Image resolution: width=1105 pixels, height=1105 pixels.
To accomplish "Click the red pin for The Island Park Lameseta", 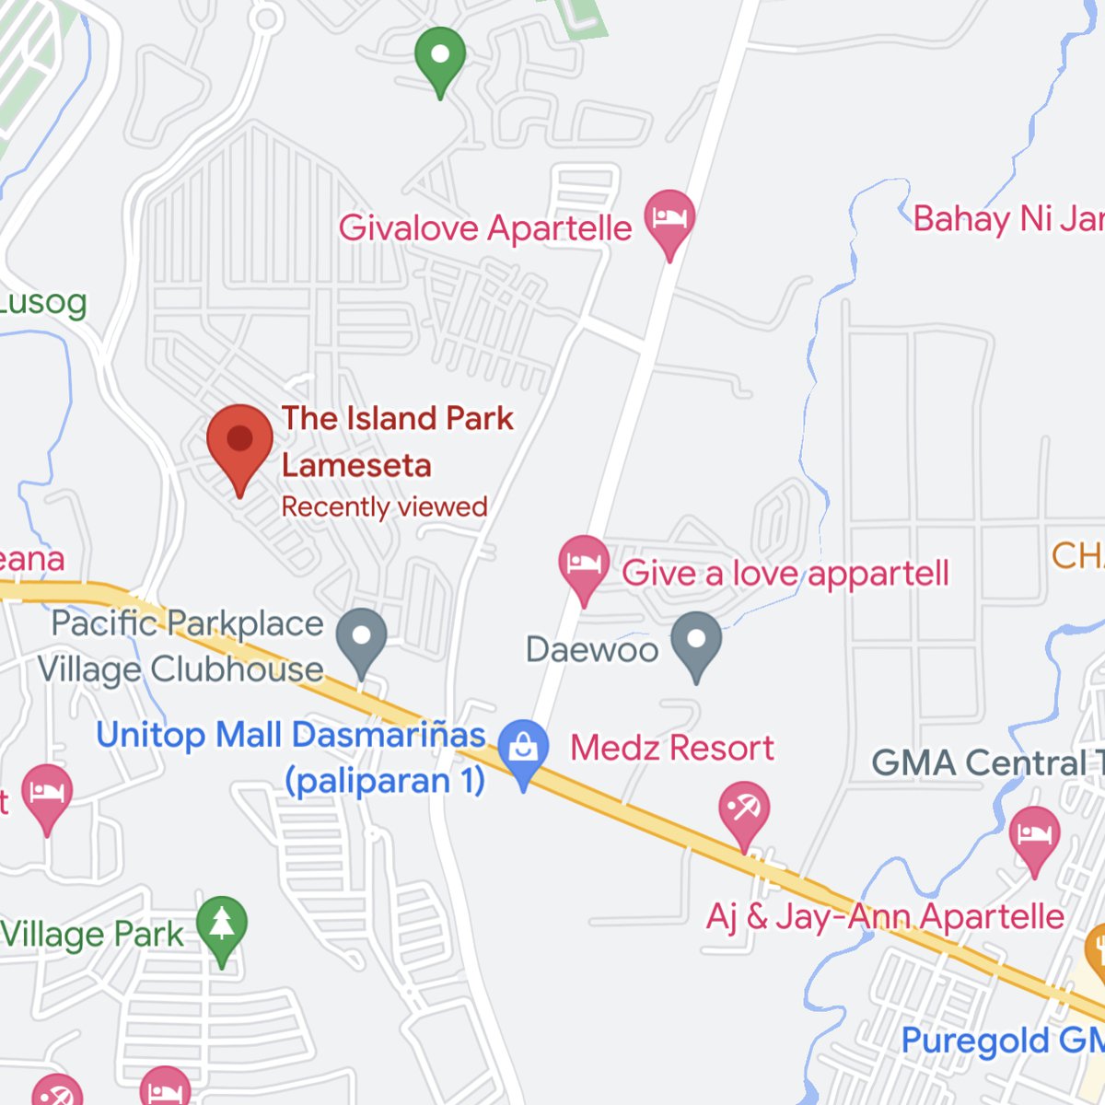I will pyautogui.click(x=239, y=443).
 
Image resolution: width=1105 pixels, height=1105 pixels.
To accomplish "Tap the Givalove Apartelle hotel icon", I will pyautogui.click(x=669, y=219).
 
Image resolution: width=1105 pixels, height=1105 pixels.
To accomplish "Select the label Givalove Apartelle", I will pyautogui.click(x=485, y=227).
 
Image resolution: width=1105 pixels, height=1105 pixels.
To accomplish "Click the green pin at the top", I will pyautogui.click(x=440, y=56).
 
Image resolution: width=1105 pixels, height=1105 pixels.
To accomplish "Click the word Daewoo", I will pyautogui.click(x=591, y=649).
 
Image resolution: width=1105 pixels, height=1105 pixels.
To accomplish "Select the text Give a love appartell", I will pyautogui.click(x=785, y=573).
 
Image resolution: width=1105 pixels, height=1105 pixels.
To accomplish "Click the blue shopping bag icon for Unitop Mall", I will pyautogui.click(x=523, y=747).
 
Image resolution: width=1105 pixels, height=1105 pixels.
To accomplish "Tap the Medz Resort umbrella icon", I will pyautogui.click(x=744, y=809).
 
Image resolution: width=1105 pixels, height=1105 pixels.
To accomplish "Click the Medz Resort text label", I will pyautogui.click(x=672, y=748).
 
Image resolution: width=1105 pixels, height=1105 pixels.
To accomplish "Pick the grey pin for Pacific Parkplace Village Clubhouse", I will pyautogui.click(x=361, y=637).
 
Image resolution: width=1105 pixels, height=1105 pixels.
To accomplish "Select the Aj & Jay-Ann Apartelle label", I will pyautogui.click(x=885, y=916).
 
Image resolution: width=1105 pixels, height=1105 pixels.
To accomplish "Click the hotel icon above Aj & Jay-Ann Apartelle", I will pyautogui.click(x=1034, y=835).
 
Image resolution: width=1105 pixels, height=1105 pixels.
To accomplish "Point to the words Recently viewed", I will pyautogui.click(x=384, y=506).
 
